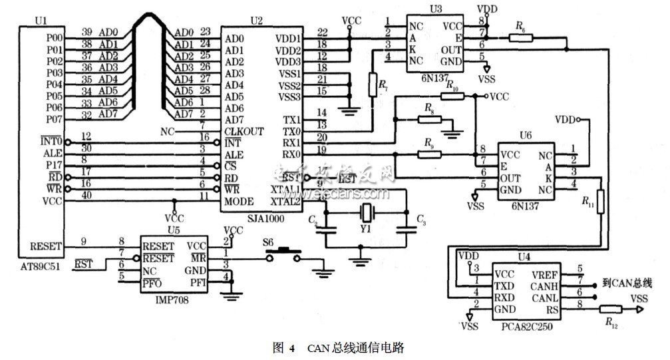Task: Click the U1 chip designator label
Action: [x=39, y=21]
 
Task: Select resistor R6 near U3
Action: [x=520, y=38]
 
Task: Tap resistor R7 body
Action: [x=371, y=84]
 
